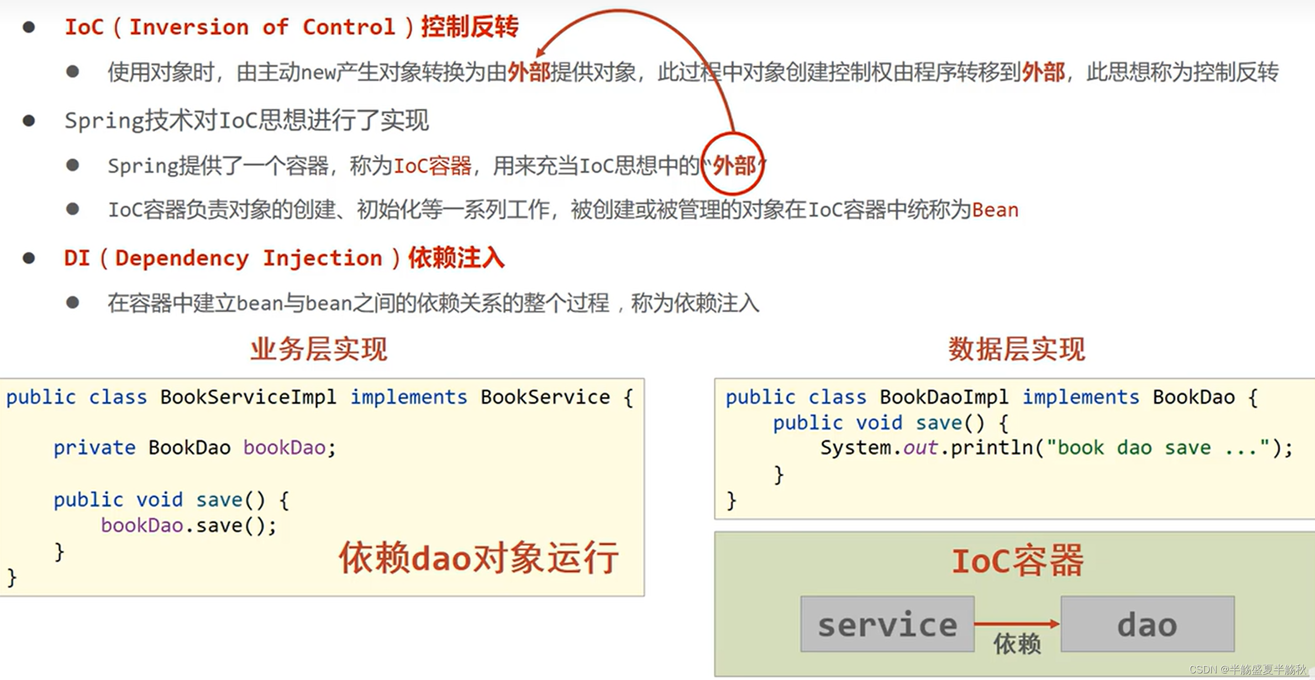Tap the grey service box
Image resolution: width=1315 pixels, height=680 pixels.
tap(887, 624)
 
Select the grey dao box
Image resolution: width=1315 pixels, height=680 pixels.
tap(1147, 624)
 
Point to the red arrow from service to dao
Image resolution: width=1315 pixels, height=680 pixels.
tap(1017, 624)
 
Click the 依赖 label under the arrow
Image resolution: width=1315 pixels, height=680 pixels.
tap(1017, 644)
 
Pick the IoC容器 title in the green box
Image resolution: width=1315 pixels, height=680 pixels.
tap(1017, 561)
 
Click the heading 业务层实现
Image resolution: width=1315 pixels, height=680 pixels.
tap(319, 349)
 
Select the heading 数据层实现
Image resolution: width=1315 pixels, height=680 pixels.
tap(1017, 349)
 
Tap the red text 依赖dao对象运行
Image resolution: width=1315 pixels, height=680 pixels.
tap(478, 557)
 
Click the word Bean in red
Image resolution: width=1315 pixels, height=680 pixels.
tap(995, 210)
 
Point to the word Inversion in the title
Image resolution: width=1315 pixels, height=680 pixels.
tap(188, 27)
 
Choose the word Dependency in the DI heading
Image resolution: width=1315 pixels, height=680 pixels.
tap(182, 258)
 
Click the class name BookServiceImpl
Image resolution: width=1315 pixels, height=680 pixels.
tap(248, 397)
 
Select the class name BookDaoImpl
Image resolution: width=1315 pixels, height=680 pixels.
tap(944, 397)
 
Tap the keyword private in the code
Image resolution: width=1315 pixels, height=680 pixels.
tap(94, 448)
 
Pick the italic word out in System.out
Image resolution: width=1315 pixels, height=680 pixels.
tap(920, 448)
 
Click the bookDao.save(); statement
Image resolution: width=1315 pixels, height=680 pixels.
tap(188, 526)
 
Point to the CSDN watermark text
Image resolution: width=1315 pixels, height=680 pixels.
tap(1248, 670)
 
